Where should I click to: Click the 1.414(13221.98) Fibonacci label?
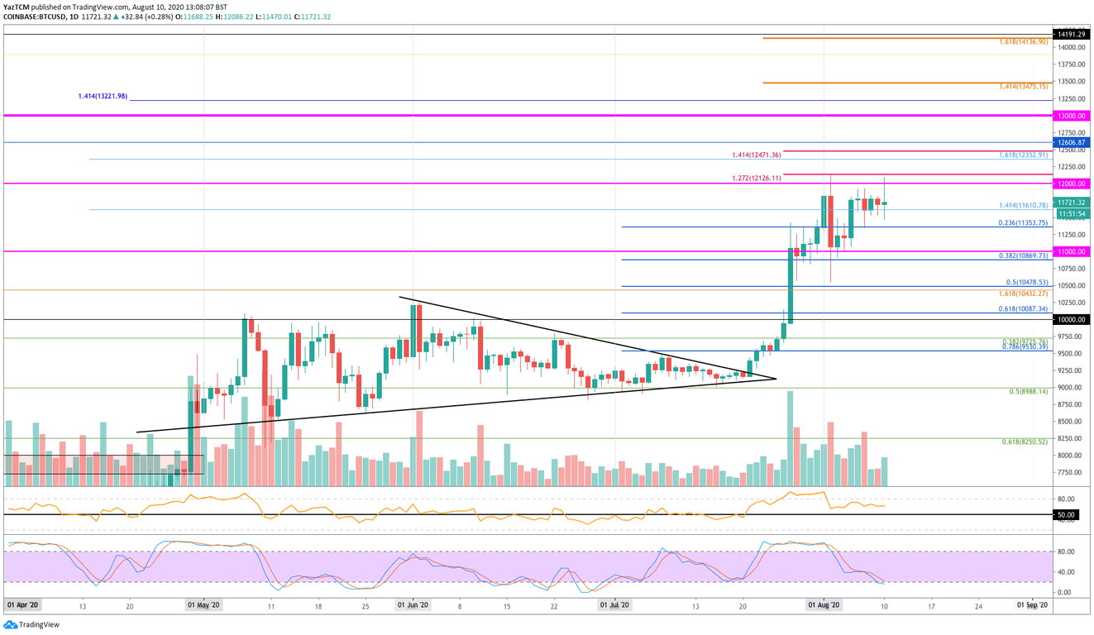pos(102,97)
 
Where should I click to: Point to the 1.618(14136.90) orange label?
pos(1024,41)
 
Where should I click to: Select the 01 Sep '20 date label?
pos(1033,605)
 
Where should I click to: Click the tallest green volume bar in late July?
pos(790,438)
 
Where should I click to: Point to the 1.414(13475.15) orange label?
pos(1024,86)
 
